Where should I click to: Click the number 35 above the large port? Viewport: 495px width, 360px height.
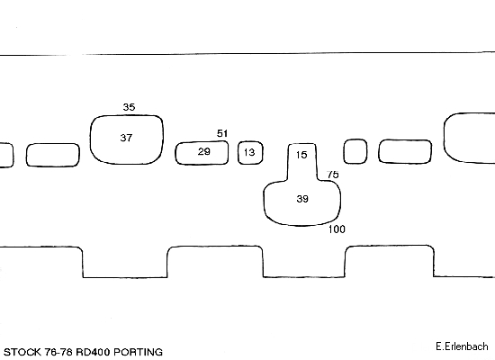(x=129, y=107)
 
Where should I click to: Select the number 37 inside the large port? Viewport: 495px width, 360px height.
(x=126, y=138)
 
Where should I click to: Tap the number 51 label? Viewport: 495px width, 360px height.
(x=222, y=133)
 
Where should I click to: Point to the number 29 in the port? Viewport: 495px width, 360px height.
(x=204, y=151)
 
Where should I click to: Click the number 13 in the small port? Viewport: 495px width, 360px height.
(x=249, y=152)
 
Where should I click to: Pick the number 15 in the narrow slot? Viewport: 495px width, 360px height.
(x=301, y=155)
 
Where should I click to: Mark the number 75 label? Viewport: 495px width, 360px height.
(x=333, y=175)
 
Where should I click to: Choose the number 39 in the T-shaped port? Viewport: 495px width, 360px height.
(x=302, y=199)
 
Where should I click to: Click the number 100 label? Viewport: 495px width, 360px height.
(x=337, y=229)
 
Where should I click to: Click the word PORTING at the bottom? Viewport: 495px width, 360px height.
(x=138, y=352)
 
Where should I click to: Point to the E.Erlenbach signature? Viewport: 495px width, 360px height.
(x=462, y=346)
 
